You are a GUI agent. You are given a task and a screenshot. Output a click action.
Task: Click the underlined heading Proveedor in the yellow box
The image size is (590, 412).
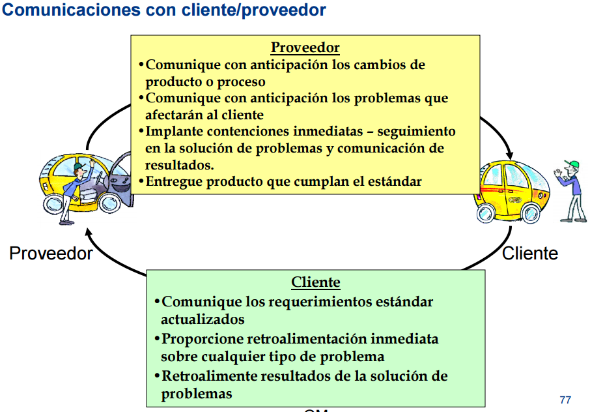point(305,48)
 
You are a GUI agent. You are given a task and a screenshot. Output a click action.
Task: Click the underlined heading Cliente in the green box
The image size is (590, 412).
point(315,282)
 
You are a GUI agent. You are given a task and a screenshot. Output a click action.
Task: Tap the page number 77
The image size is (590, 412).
point(565,399)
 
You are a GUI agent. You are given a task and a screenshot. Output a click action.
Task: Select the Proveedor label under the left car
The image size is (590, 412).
point(51,253)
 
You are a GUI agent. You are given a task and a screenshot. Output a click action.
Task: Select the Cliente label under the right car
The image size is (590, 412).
point(530,253)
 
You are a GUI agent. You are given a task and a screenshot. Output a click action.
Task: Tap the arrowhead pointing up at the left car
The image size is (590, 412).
point(89,229)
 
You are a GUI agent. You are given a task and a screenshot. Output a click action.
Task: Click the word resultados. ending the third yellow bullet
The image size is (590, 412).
point(180,165)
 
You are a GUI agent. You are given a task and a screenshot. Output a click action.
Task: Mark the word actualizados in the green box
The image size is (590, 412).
point(203,319)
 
